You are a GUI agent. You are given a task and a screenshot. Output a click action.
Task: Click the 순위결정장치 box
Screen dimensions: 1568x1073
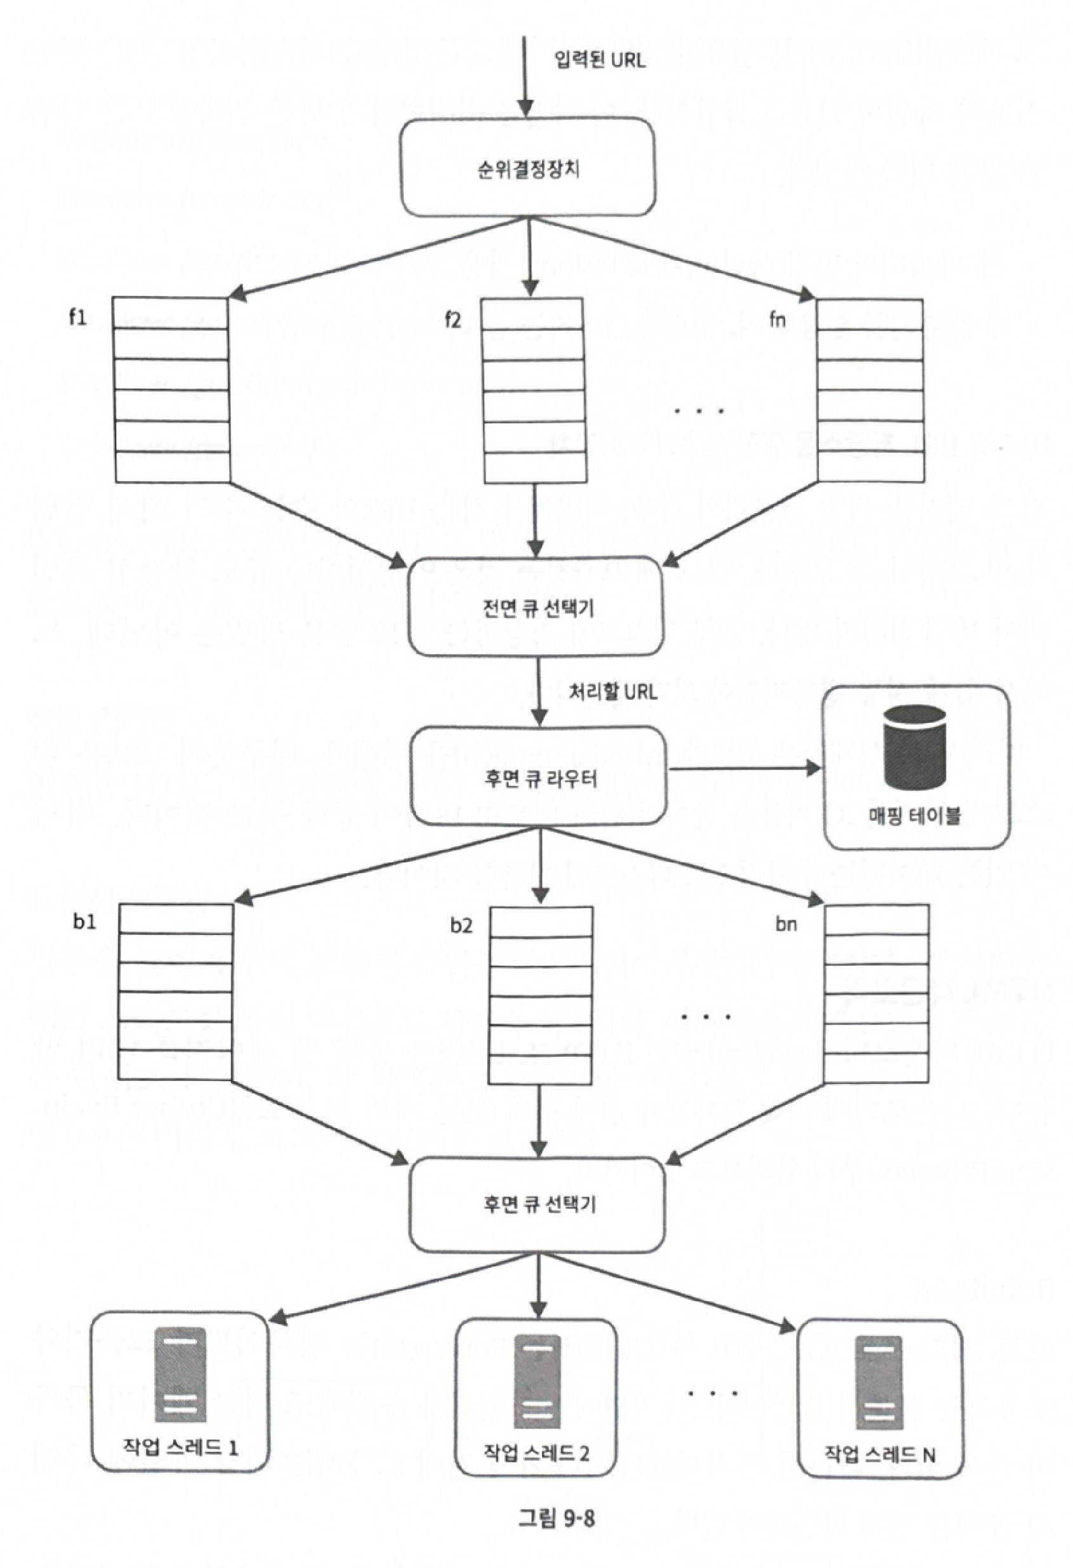(x=528, y=167)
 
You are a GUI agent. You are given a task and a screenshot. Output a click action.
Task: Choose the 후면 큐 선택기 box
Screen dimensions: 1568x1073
(x=538, y=1204)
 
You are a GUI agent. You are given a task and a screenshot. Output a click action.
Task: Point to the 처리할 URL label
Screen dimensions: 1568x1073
(x=613, y=692)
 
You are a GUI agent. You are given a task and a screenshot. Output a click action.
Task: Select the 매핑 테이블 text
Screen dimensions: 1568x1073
(x=914, y=817)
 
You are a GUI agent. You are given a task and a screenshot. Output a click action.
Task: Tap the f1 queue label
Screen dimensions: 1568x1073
(x=78, y=317)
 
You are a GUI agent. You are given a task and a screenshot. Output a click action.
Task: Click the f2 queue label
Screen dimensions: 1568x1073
(x=452, y=319)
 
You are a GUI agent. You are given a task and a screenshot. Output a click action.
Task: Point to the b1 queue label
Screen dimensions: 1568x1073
(x=84, y=922)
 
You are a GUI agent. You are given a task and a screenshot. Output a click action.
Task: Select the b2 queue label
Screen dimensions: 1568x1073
(x=461, y=925)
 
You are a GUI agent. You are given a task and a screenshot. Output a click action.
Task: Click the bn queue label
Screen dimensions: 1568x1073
(x=786, y=924)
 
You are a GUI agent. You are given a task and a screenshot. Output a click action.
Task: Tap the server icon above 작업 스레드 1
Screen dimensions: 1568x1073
(x=180, y=1375)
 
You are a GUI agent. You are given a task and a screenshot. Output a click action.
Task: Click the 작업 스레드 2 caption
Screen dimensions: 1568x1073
(x=536, y=1452)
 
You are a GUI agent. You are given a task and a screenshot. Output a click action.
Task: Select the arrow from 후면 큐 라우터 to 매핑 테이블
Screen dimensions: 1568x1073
(x=742, y=768)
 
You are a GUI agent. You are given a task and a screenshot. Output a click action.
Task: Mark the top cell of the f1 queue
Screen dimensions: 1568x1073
(x=171, y=313)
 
